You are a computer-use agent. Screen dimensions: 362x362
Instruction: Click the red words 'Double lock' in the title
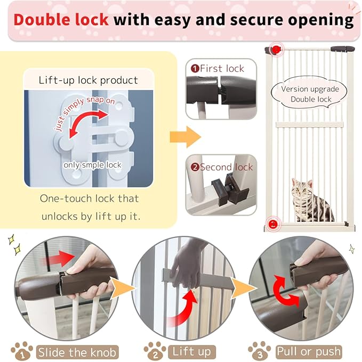click(x=61, y=20)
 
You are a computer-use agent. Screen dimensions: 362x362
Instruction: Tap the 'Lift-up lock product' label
click(x=89, y=81)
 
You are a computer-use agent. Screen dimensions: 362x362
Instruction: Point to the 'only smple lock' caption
click(x=92, y=165)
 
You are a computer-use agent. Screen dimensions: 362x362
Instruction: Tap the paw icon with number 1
click(x=22, y=351)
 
